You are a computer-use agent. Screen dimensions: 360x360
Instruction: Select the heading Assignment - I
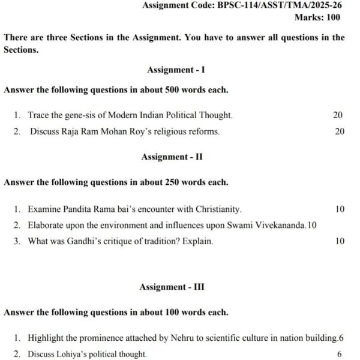tap(176, 70)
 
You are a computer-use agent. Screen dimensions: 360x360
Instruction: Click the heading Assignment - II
tap(172, 157)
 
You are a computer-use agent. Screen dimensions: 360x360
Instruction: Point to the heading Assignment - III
tap(172, 287)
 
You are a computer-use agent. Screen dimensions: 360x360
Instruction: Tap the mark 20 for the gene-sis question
tap(338, 115)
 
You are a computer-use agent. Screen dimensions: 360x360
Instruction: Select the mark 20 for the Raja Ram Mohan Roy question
tap(340, 131)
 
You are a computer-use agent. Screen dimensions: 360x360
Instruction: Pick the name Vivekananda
tap(280, 226)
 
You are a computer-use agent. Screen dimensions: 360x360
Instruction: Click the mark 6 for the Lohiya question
tap(340, 354)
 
